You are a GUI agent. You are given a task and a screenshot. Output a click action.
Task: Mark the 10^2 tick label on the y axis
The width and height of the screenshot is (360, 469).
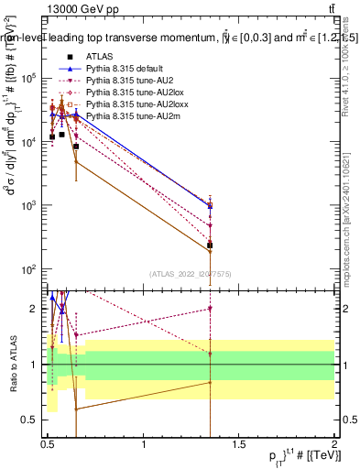[31, 269]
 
